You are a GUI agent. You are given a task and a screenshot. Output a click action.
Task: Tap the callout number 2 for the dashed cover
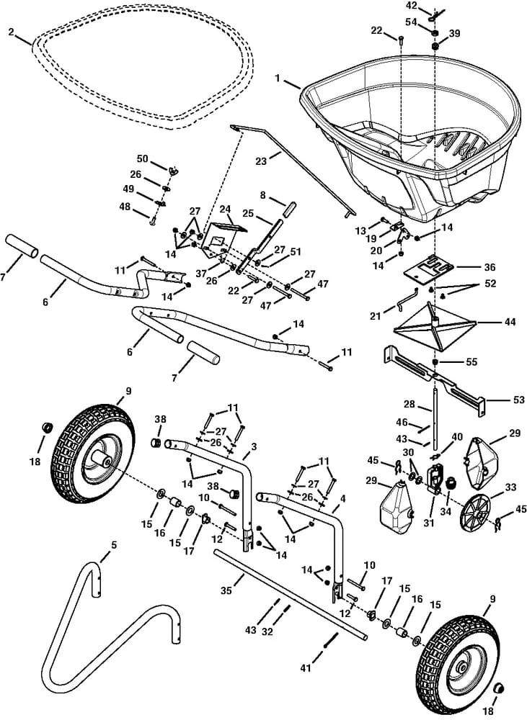point(12,32)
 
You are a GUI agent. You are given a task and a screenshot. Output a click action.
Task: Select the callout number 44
point(510,322)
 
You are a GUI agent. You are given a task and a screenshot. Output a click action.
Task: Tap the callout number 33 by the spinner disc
point(510,487)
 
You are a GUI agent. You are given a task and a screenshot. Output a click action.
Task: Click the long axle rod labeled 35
point(288,594)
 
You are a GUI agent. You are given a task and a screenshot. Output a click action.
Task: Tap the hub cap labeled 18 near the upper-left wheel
point(46,428)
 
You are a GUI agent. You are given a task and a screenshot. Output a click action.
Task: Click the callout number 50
point(142,158)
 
